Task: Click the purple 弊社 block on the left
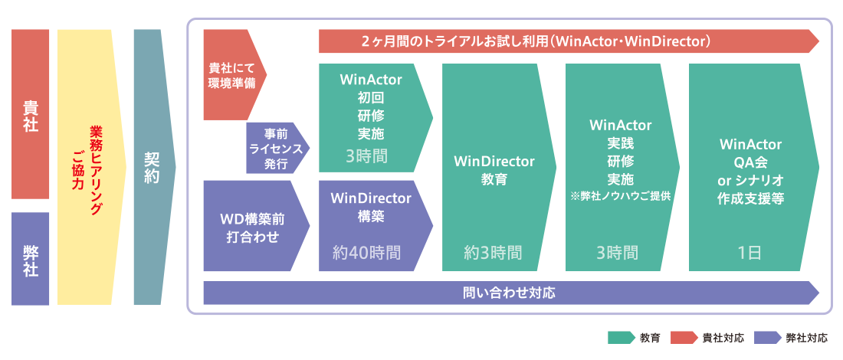(30, 258)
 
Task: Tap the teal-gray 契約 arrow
(151, 167)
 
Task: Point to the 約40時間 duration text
(366, 252)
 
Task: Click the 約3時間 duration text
(493, 252)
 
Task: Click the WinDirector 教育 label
(494, 170)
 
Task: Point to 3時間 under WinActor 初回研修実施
(366, 156)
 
